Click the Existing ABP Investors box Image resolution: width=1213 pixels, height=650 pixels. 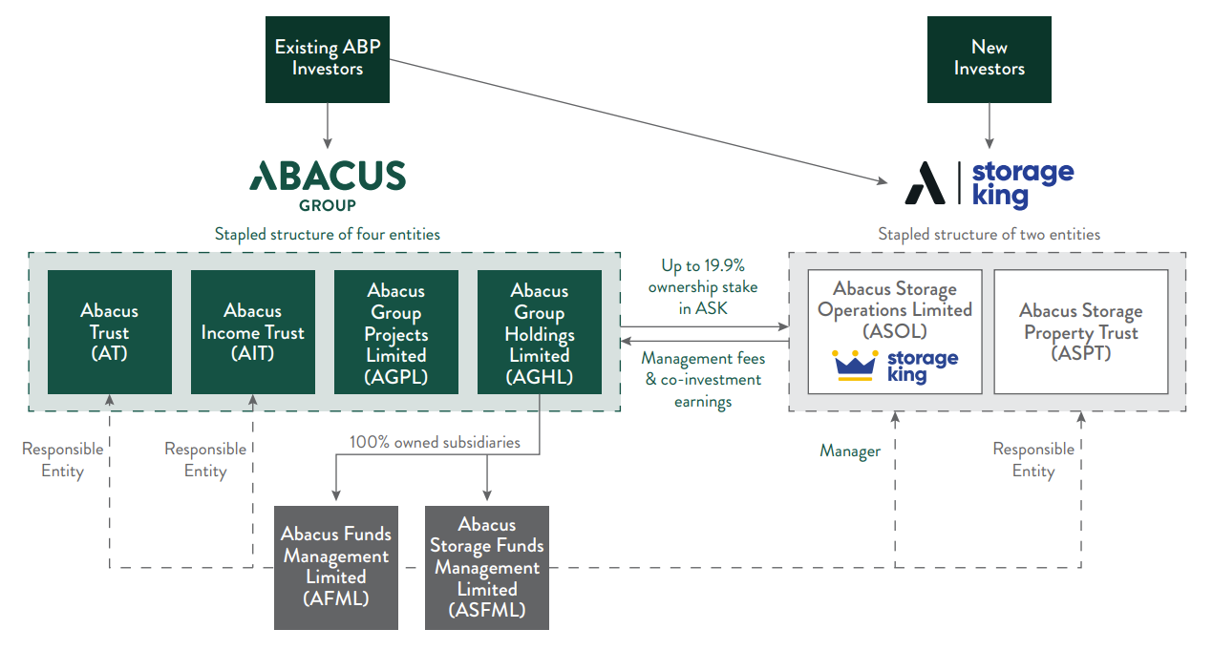[x=327, y=59]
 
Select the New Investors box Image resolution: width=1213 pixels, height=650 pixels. [x=989, y=59]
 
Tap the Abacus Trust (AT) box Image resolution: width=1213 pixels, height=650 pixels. [x=110, y=332]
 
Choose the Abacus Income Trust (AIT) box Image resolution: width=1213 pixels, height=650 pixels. [x=253, y=332]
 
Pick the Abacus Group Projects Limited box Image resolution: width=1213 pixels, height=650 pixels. [x=395, y=332]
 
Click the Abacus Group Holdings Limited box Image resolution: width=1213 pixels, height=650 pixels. [x=540, y=332]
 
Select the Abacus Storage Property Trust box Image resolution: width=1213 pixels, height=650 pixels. [x=1081, y=332]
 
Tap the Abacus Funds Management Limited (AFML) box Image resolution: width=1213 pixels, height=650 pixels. [x=336, y=568]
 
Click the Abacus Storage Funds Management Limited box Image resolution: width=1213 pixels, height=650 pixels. [x=487, y=568]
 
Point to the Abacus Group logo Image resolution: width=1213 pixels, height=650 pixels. [x=328, y=185]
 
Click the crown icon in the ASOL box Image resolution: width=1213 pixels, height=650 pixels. [x=855, y=366]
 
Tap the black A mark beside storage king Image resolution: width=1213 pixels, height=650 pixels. [x=925, y=183]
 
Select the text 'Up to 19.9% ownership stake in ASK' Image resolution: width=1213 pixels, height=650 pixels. [x=703, y=287]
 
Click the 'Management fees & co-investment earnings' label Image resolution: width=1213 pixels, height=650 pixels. [x=703, y=380]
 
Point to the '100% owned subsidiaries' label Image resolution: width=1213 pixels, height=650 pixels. [x=435, y=442]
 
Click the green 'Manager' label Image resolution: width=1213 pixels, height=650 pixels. [x=850, y=451]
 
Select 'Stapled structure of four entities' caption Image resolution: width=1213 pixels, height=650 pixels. [x=327, y=235]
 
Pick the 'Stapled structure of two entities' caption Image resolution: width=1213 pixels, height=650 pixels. [x=989, y=235]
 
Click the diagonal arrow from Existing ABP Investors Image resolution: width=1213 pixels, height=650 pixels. [x=638, y=121]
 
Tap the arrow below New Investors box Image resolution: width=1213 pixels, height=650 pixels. [x=990, y=126]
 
